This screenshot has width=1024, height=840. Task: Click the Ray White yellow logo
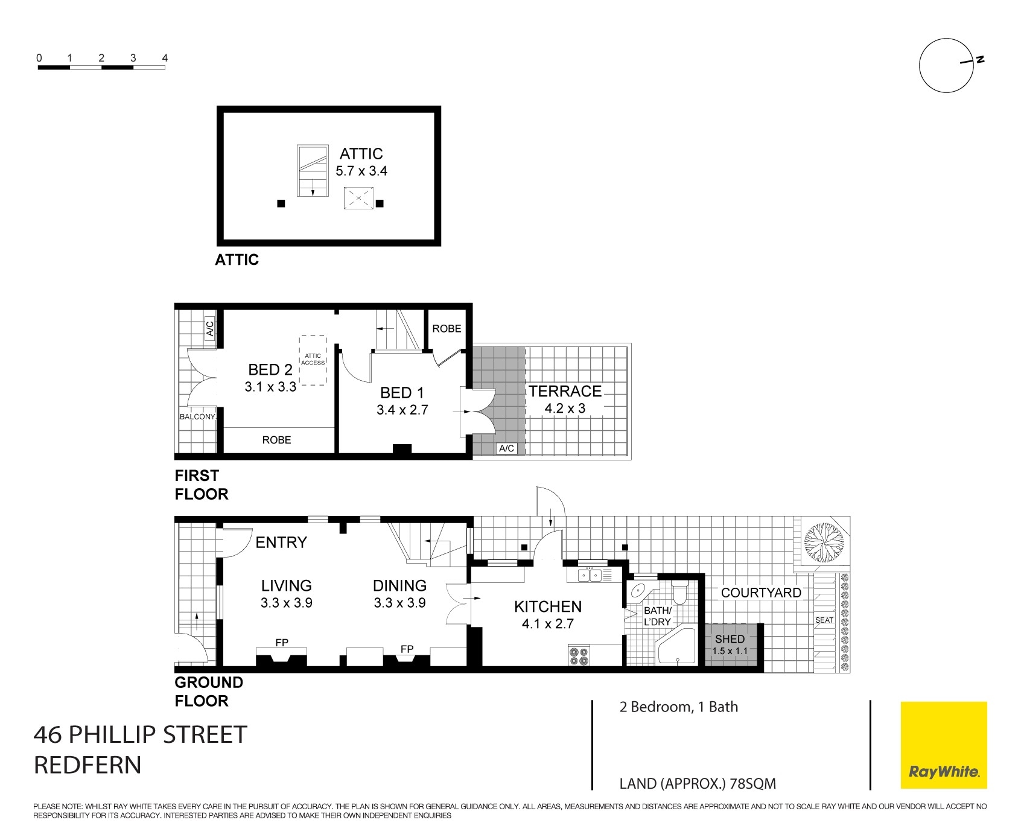(944, 745)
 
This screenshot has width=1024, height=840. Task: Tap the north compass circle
(946, 66)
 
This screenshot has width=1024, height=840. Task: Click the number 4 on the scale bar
(165, 59)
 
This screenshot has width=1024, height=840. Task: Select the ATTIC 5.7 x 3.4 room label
(361, 162)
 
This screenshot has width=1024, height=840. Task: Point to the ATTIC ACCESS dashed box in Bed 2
(313, 360)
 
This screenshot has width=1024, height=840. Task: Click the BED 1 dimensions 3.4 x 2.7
(402, 410)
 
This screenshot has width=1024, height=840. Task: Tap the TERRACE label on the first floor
(565, 391)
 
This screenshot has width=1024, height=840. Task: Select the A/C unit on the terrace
(506, 448)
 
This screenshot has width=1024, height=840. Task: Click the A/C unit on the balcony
(209, 328)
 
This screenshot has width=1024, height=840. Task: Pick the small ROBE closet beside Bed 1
(447, 329)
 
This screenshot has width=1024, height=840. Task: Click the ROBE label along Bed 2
(276, 440)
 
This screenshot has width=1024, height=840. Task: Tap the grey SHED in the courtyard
(730, 644)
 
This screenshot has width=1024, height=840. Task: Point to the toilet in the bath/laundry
(679, 593)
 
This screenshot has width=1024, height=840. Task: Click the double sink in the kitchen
(589, 576)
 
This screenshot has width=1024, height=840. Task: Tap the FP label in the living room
(282, 643)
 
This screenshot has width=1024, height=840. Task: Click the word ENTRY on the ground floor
(281, 542)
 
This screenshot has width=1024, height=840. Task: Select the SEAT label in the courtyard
(824, 620)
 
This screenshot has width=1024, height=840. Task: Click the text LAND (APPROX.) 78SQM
(698, 784)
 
